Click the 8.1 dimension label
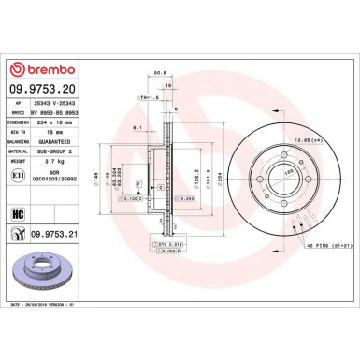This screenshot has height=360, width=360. [137, 127]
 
